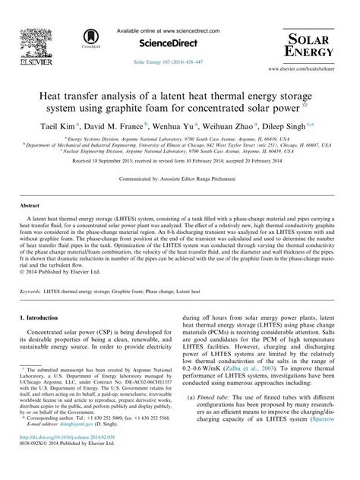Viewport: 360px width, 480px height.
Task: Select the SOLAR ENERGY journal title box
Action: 308,44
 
